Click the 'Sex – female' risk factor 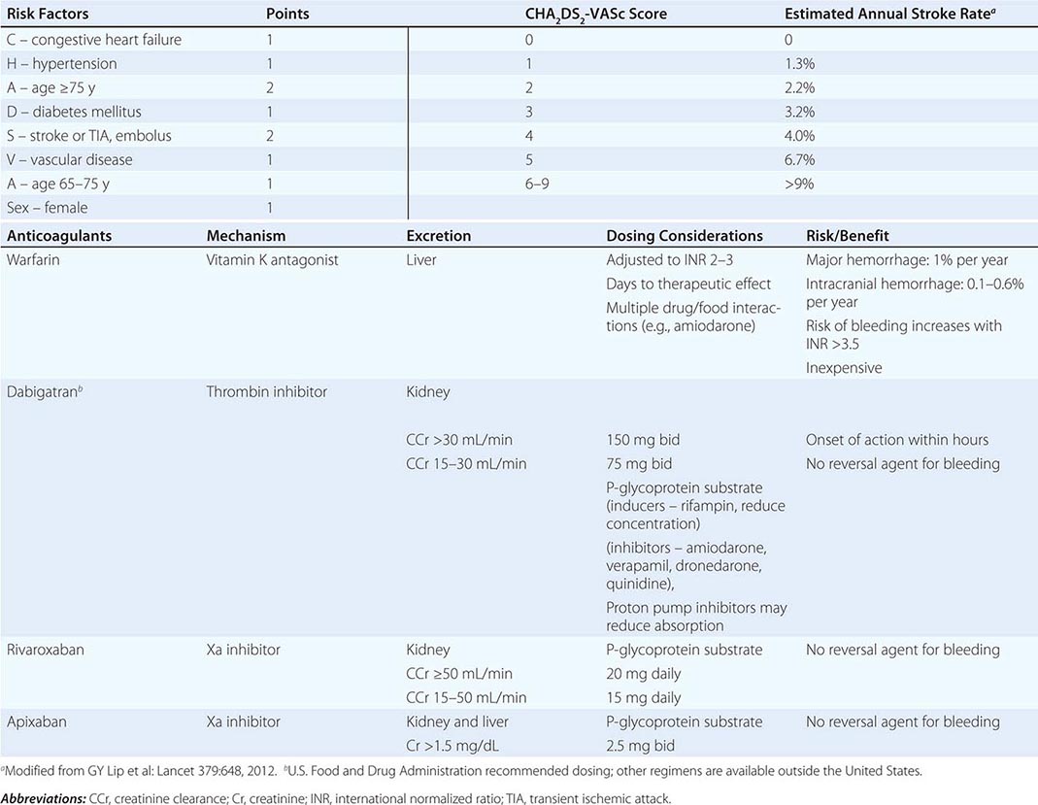point(49,208)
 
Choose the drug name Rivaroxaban point(45,650)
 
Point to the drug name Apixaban point(36,721)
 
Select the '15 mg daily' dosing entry point(644,697)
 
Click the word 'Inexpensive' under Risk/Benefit point(845,368)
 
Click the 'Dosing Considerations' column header point(685,236)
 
